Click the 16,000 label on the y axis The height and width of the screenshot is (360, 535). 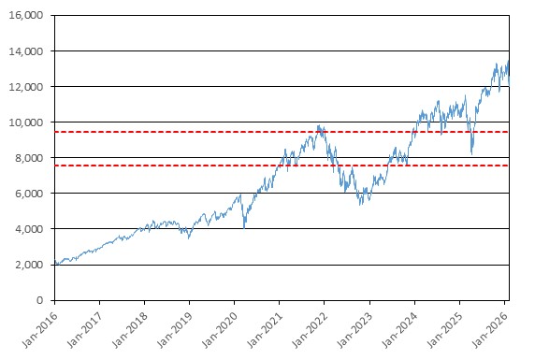(x=26, y=15)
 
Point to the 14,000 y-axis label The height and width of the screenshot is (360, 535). (x=26, y=51)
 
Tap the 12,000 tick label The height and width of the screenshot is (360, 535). (x=26, y=87)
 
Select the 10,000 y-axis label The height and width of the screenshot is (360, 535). (x=26, y=122)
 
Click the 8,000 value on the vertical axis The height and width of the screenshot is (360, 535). (x=29, y=158)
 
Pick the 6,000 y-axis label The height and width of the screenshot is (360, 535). (x=29, y=194)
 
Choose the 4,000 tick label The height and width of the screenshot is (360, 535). (x=29, y=229)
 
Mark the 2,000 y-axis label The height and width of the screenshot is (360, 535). (x=29, y=265)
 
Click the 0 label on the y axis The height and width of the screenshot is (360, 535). (x=40, y=300)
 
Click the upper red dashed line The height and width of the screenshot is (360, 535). (x=282, y=132)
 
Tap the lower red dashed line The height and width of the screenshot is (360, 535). (x=282, y=166)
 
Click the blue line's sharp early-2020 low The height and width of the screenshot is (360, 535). (x=244, y=228)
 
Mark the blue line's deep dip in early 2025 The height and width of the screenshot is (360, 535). (x=472, y=154)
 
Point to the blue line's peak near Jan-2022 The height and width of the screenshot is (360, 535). (x=318, y=125)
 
